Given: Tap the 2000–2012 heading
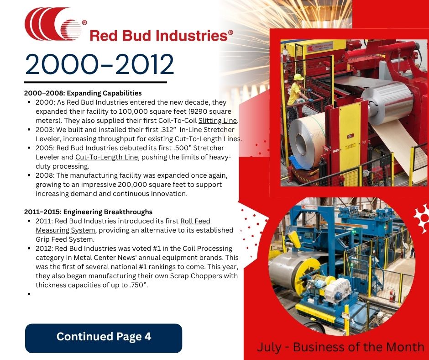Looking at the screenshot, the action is (99, 64).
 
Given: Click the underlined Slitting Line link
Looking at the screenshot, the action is (218, 121).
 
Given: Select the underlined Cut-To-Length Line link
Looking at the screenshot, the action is (106, 157).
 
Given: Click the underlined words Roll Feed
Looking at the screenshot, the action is (195, 221).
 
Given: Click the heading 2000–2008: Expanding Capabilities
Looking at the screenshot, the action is (83, 93).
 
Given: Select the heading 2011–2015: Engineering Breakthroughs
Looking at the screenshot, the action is (88, 212).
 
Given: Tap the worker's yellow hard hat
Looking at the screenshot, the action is (298, 77).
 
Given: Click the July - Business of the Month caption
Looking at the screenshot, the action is (340, 347).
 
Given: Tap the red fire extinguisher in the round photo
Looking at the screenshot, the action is (392, 295).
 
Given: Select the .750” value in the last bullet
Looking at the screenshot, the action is (138, 285).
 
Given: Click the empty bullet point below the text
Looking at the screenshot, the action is (29, 294).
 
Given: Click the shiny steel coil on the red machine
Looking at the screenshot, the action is (388, 102).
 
